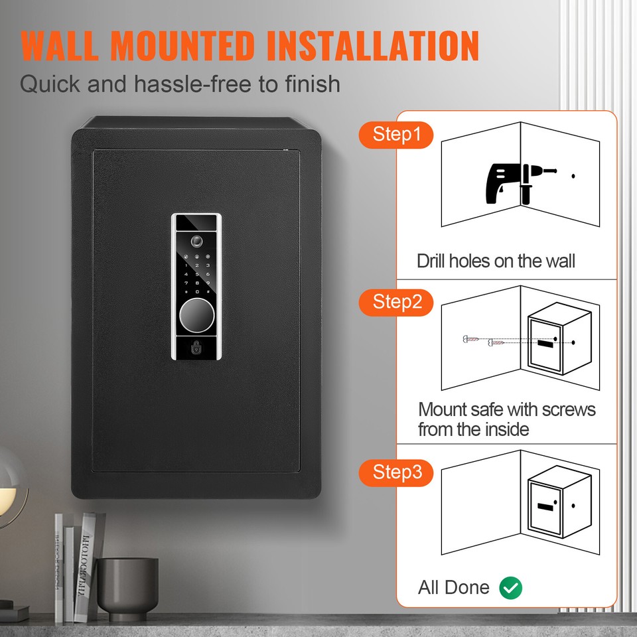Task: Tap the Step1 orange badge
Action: (396, 135)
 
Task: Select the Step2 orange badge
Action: (396, 303)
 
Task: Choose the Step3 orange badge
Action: (396, 472)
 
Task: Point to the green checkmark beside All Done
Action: (511, 587)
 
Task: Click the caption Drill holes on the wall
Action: (496, 261)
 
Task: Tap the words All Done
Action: (454, 587)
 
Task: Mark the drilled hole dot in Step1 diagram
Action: (573, 177)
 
